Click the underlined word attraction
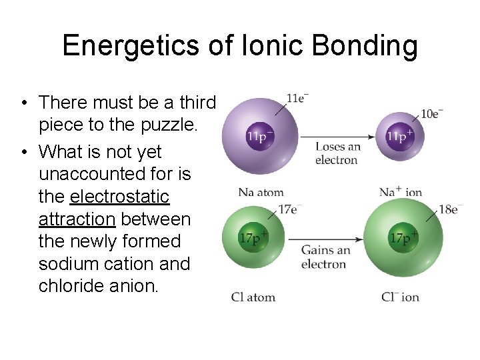[77, 219]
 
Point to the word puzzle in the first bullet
[164, 125]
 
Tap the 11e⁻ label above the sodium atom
[297, 99]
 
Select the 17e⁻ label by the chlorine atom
[288, 209]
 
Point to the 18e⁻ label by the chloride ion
[450, 209]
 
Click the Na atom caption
[261, 193]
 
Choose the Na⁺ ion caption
[401, 193]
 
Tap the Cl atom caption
[253, 297]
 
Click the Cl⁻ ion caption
[401, 297]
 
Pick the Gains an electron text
[325, 257]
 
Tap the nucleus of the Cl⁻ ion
[403, 238]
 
